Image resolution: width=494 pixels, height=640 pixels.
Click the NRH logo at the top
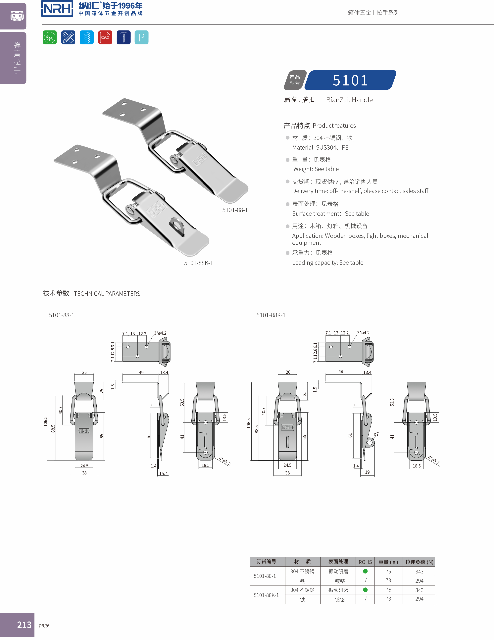57,9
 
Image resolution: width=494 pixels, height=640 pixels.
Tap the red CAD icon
105,37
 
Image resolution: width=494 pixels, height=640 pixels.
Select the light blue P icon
141,37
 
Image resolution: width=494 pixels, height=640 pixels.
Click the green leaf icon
50,37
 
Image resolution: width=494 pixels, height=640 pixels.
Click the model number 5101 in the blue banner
350,80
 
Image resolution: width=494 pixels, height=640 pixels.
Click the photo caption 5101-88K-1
198,263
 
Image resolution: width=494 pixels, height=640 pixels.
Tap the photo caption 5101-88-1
235,210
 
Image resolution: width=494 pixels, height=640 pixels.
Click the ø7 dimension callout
376,434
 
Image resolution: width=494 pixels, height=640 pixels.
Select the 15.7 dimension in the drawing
163,473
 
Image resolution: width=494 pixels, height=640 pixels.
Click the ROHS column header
365,562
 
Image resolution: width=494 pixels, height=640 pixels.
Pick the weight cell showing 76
388,590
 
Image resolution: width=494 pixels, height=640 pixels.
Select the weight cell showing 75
388,571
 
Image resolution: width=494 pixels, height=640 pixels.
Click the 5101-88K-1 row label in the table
266,595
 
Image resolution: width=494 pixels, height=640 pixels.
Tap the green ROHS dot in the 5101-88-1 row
365,571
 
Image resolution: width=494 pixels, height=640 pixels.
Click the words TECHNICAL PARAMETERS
107,294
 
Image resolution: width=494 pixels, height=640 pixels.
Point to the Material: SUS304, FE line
320,147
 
